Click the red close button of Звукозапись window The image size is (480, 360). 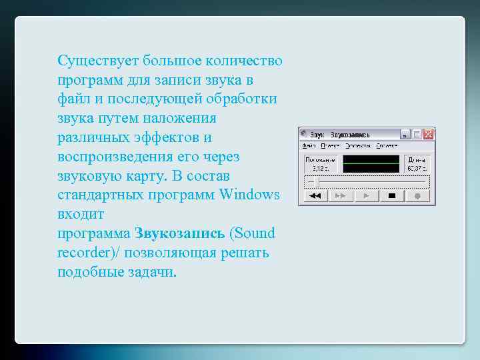429,134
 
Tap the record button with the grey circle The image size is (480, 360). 418,196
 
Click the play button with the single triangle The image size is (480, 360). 366,196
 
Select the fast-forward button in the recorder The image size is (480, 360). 340,196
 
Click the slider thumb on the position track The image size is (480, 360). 317,182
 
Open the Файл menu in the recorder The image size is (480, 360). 309,145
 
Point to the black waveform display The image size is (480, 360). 371,164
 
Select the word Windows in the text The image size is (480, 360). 249,195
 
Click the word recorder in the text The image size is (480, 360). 83,253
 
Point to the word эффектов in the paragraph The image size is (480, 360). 173,138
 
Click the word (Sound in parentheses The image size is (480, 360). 252,234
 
